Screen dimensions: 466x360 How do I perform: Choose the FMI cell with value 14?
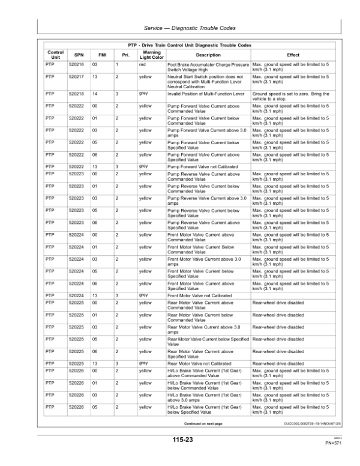point(103,94)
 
